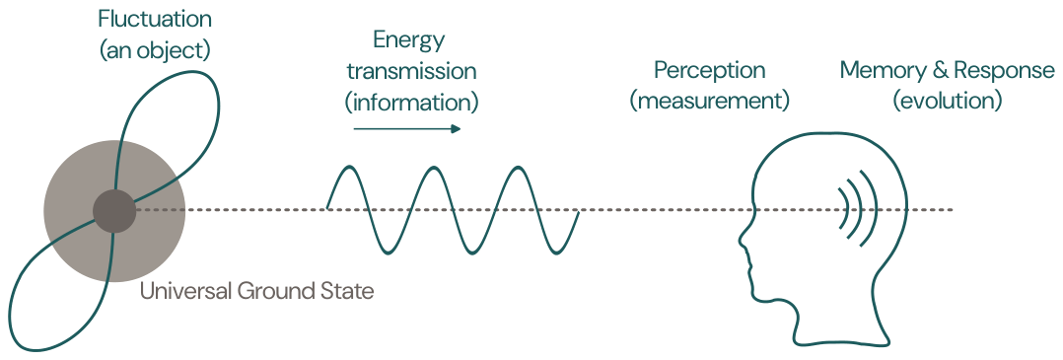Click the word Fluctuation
pyautogui.click(x=155, y=19)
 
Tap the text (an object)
pyautogui.click(x=155, y=51)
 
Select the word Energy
pyautogui.click(x=409, y=41)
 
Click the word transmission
pyautogui.click(x=411, y=71)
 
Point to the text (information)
pyautogui.click(x=411, y=103)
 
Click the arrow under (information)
pyautogui.click(x=406, y=129)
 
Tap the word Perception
pyautogui.click(x=710, y=70)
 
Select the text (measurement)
pyautogui.click(x=710, y=101)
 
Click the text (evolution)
pyautogui.click(x=947, y=101)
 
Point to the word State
pyautogui.click(x=348, y=292)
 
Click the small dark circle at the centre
pyautogui.click(x=114, y=211)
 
